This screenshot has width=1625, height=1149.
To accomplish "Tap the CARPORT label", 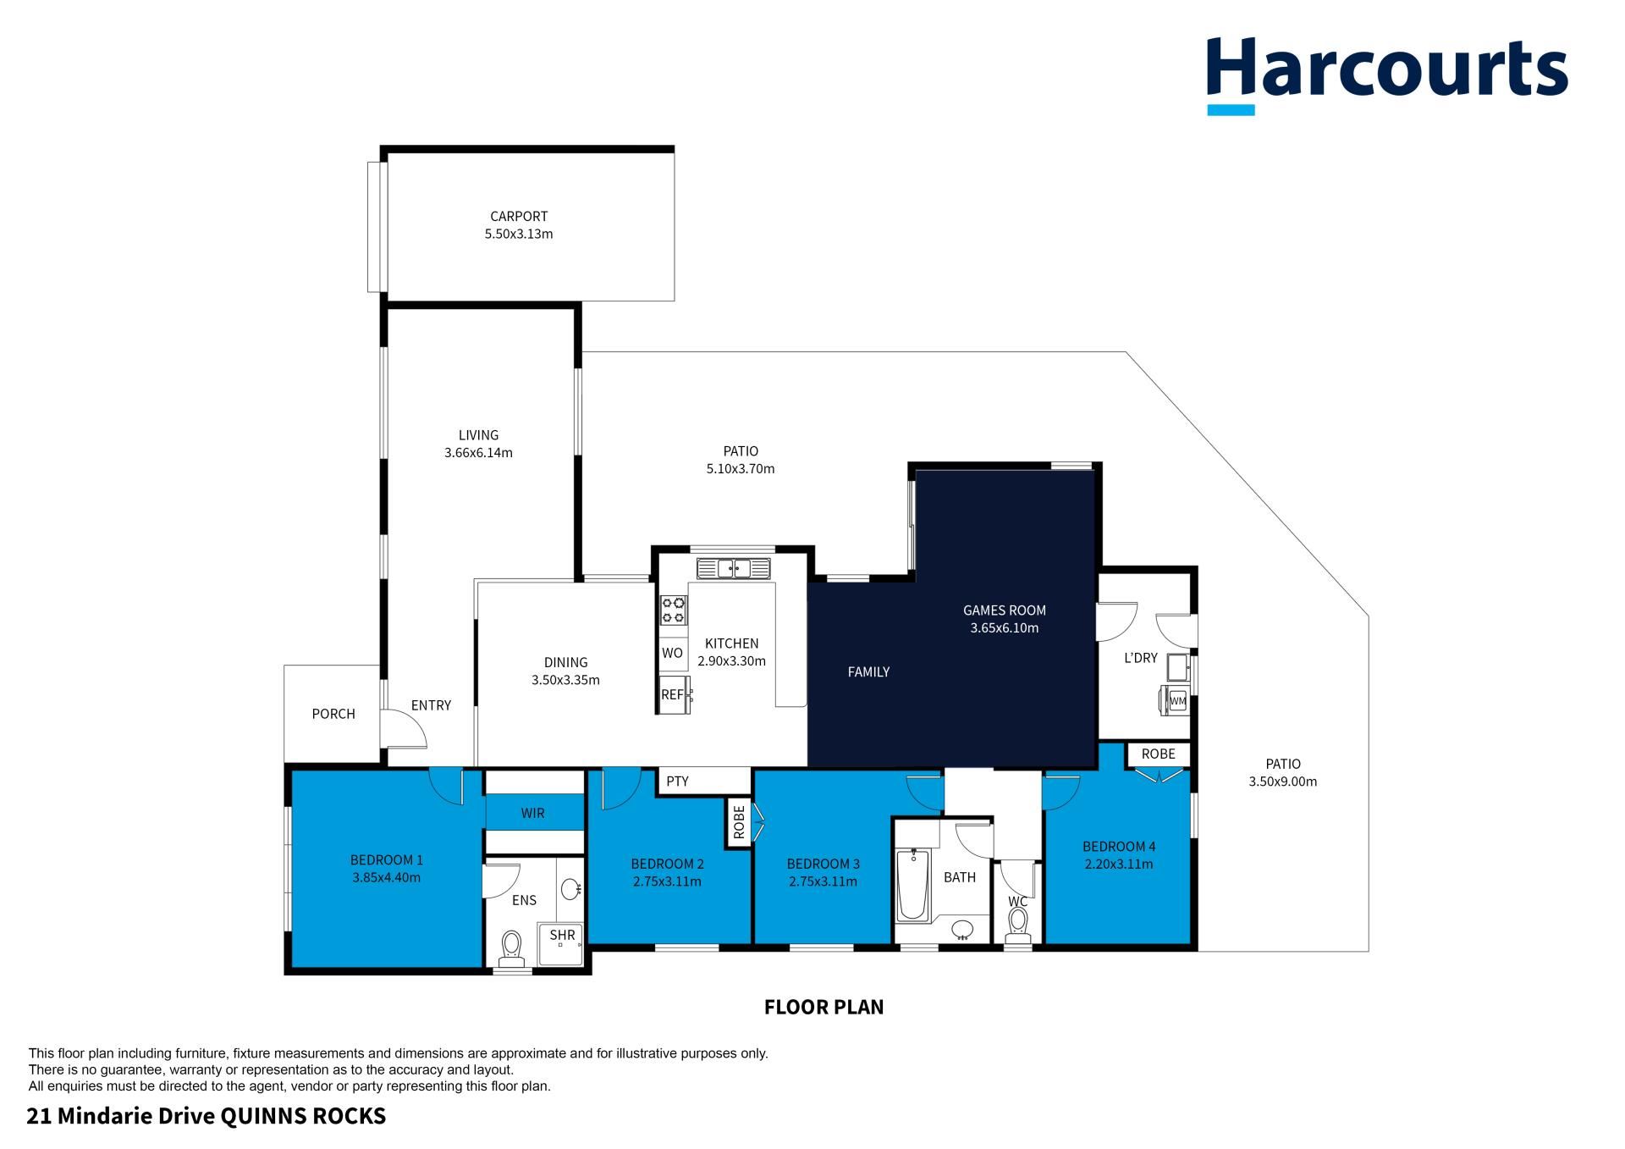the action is [519, 216].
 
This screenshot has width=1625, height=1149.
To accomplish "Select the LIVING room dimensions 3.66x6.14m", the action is [478, 453].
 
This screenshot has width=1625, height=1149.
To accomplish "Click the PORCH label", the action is [333, 714].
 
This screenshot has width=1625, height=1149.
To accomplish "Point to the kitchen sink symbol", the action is [734, 568].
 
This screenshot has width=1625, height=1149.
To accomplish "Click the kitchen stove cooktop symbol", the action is [674, 610].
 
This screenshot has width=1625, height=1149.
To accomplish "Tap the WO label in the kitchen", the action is [672, 653].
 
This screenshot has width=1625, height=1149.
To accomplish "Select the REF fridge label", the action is [672, 695].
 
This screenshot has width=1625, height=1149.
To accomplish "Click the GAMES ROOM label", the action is [1005, 610].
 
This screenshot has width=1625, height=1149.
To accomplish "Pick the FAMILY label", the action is [868, 671].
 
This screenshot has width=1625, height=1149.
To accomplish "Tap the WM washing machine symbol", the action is [1177, 701].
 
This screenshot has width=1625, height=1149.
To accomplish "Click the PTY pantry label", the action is [677, 782].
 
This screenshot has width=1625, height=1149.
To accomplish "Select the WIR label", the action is [532, 813].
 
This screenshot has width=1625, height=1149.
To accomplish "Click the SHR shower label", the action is [562, 935].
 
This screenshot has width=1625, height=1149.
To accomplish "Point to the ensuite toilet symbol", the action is [511, 948].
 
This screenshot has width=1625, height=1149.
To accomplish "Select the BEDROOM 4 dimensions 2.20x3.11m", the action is [1119, 865].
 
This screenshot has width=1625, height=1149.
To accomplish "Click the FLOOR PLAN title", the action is [824, 1007].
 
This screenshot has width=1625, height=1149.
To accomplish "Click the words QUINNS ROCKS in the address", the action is [303, 1116].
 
